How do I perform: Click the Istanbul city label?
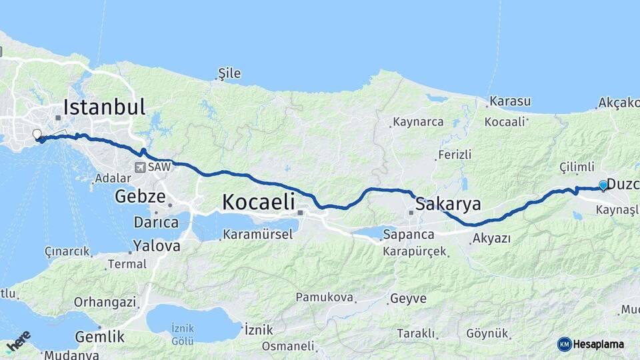pos(104,107)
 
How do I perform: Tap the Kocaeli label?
pos(259,202)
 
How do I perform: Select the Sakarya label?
pos(448,203)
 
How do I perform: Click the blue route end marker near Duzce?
pos(603,185)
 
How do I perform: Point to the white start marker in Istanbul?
pos(37,134)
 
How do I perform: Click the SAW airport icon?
pos(139,167)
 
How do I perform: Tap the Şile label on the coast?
pos(230,73)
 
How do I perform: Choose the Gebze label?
pos(140,197)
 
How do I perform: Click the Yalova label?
pos(157,246)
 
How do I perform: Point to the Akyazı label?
pos(492,238)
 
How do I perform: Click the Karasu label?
pos(510,101)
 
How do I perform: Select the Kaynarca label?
pos(418,122)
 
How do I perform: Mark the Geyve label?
pos(408,299)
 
